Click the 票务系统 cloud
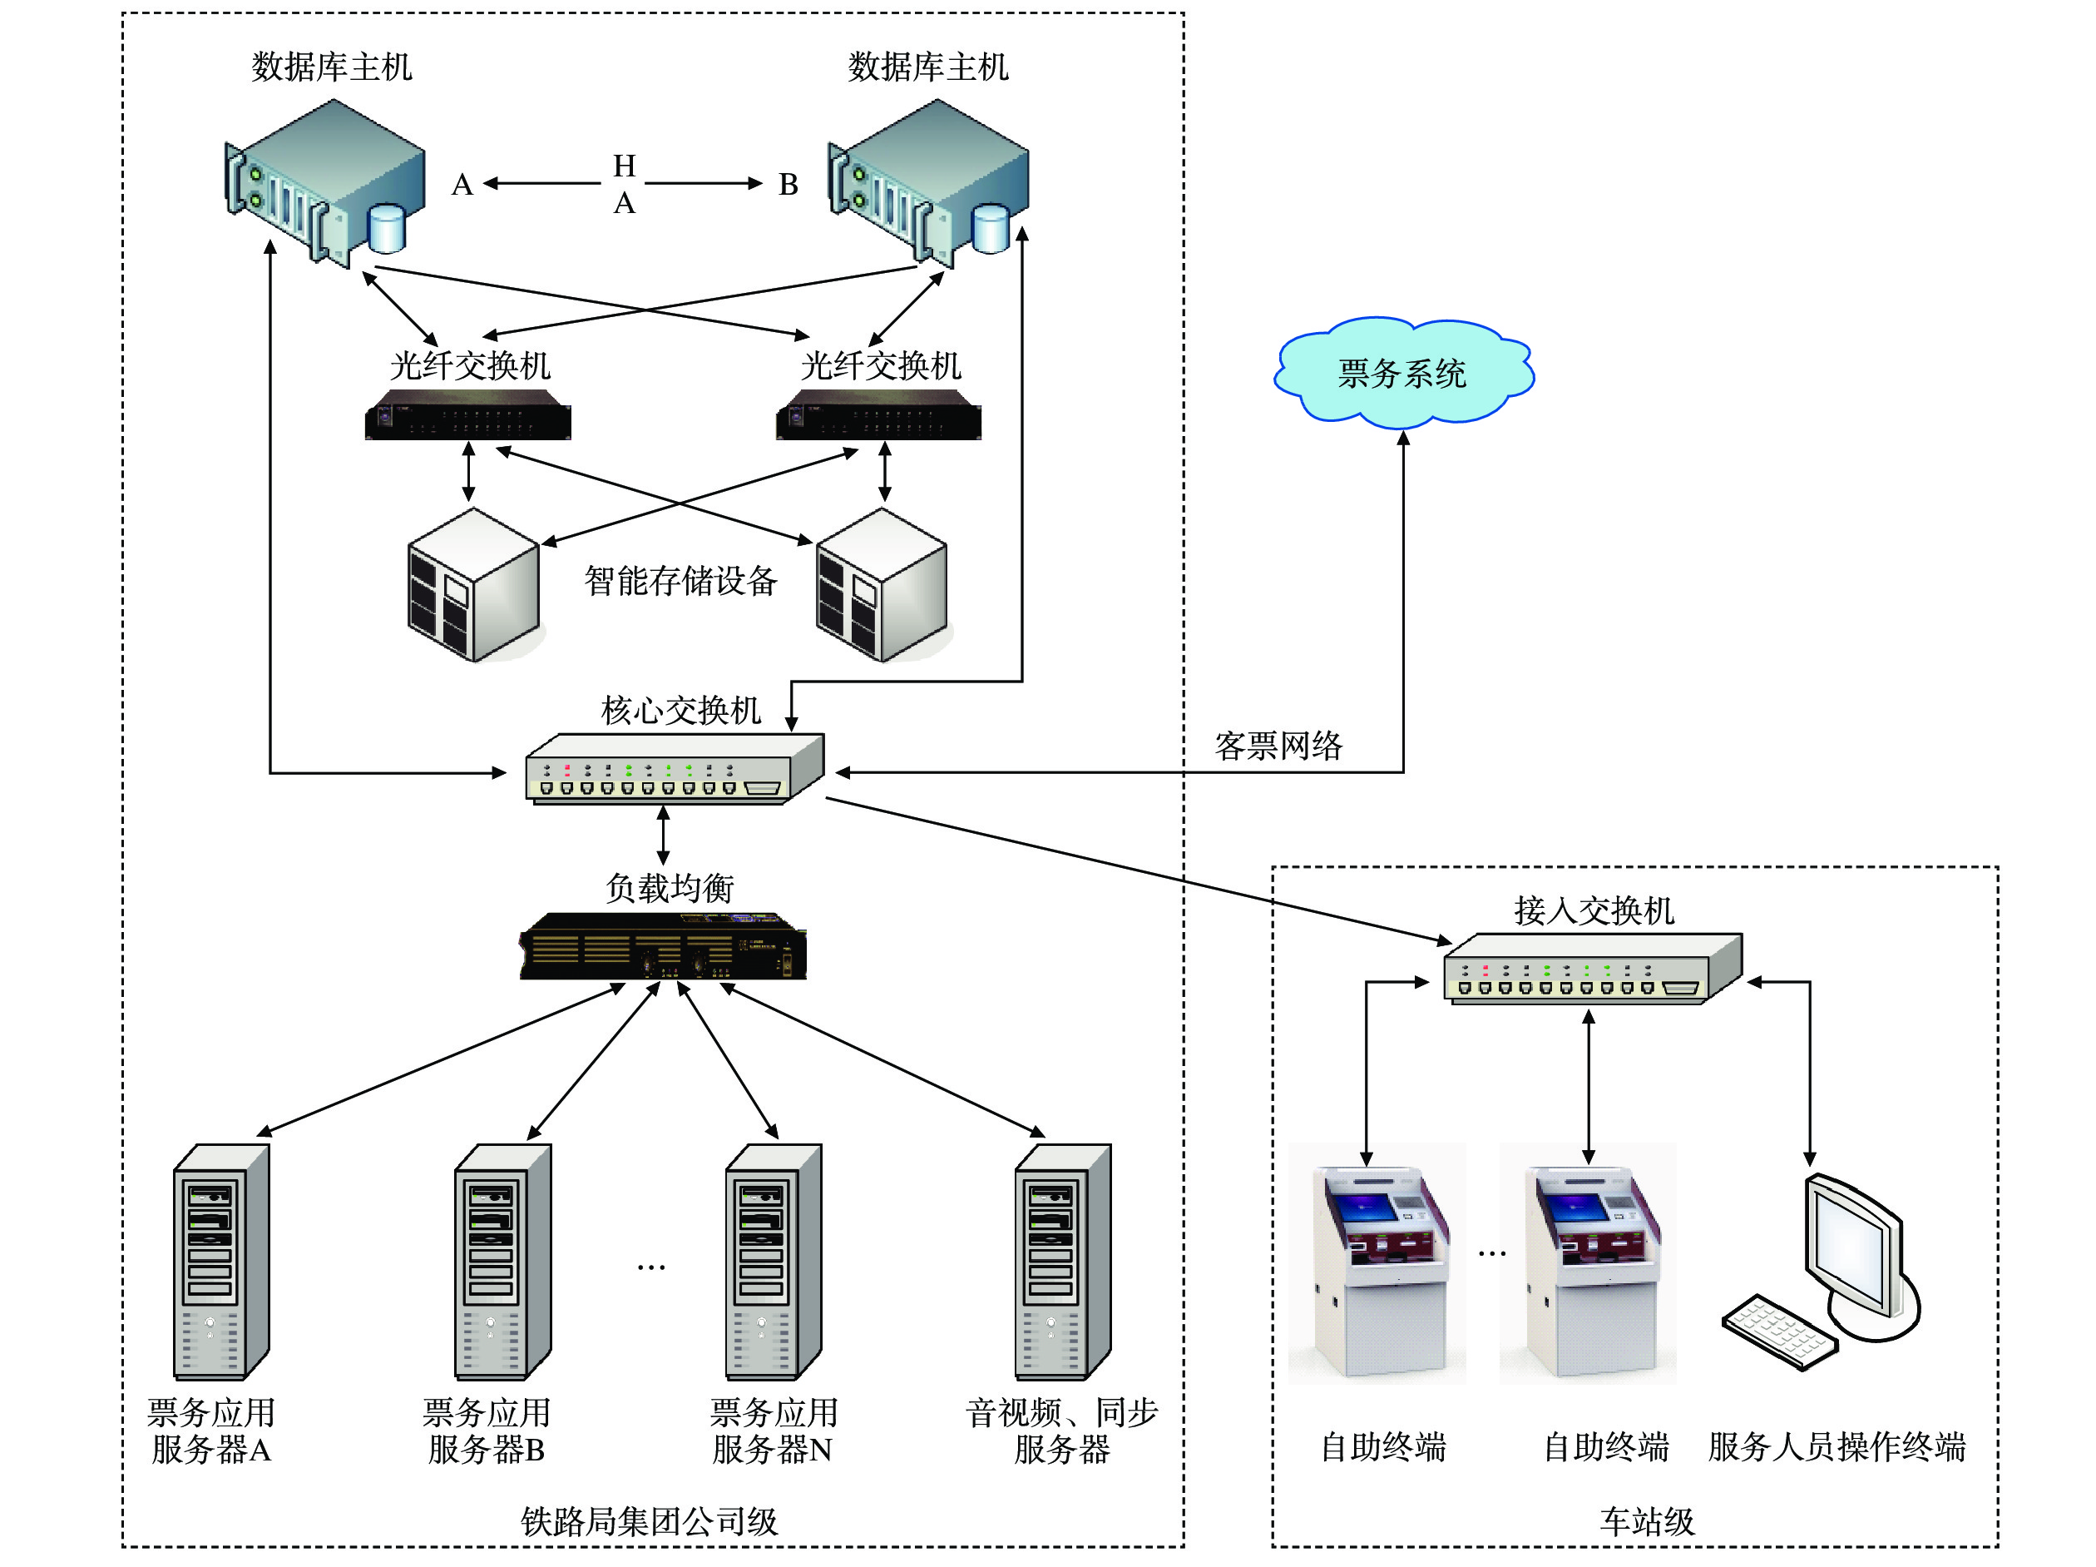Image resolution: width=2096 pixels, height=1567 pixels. [x=1402, y=372]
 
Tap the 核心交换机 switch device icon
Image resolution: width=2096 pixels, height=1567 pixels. [x=674, y=770]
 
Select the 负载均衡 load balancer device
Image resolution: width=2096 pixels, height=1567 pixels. [x=662, y=945]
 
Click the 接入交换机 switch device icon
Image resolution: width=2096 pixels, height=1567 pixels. [x=1592, y=969]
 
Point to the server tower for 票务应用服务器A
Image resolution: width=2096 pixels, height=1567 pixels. [x=220, y=1262]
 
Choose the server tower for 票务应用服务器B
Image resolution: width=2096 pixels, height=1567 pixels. [x=502, y=1262]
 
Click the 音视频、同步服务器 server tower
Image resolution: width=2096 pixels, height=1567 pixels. [x=1062, y=1262]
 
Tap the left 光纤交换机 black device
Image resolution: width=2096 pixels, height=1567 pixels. [x=468, y=415]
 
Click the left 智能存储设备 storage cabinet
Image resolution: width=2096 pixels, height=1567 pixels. [x=472, y=584]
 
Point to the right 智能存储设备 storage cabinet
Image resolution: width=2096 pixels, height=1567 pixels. [x=881, y=584]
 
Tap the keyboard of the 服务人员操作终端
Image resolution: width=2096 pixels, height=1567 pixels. [x=1778, y=1331]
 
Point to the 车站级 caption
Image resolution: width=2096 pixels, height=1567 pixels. [x=1647, y=1521]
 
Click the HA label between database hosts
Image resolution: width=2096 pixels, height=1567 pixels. [x=624, y=184]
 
